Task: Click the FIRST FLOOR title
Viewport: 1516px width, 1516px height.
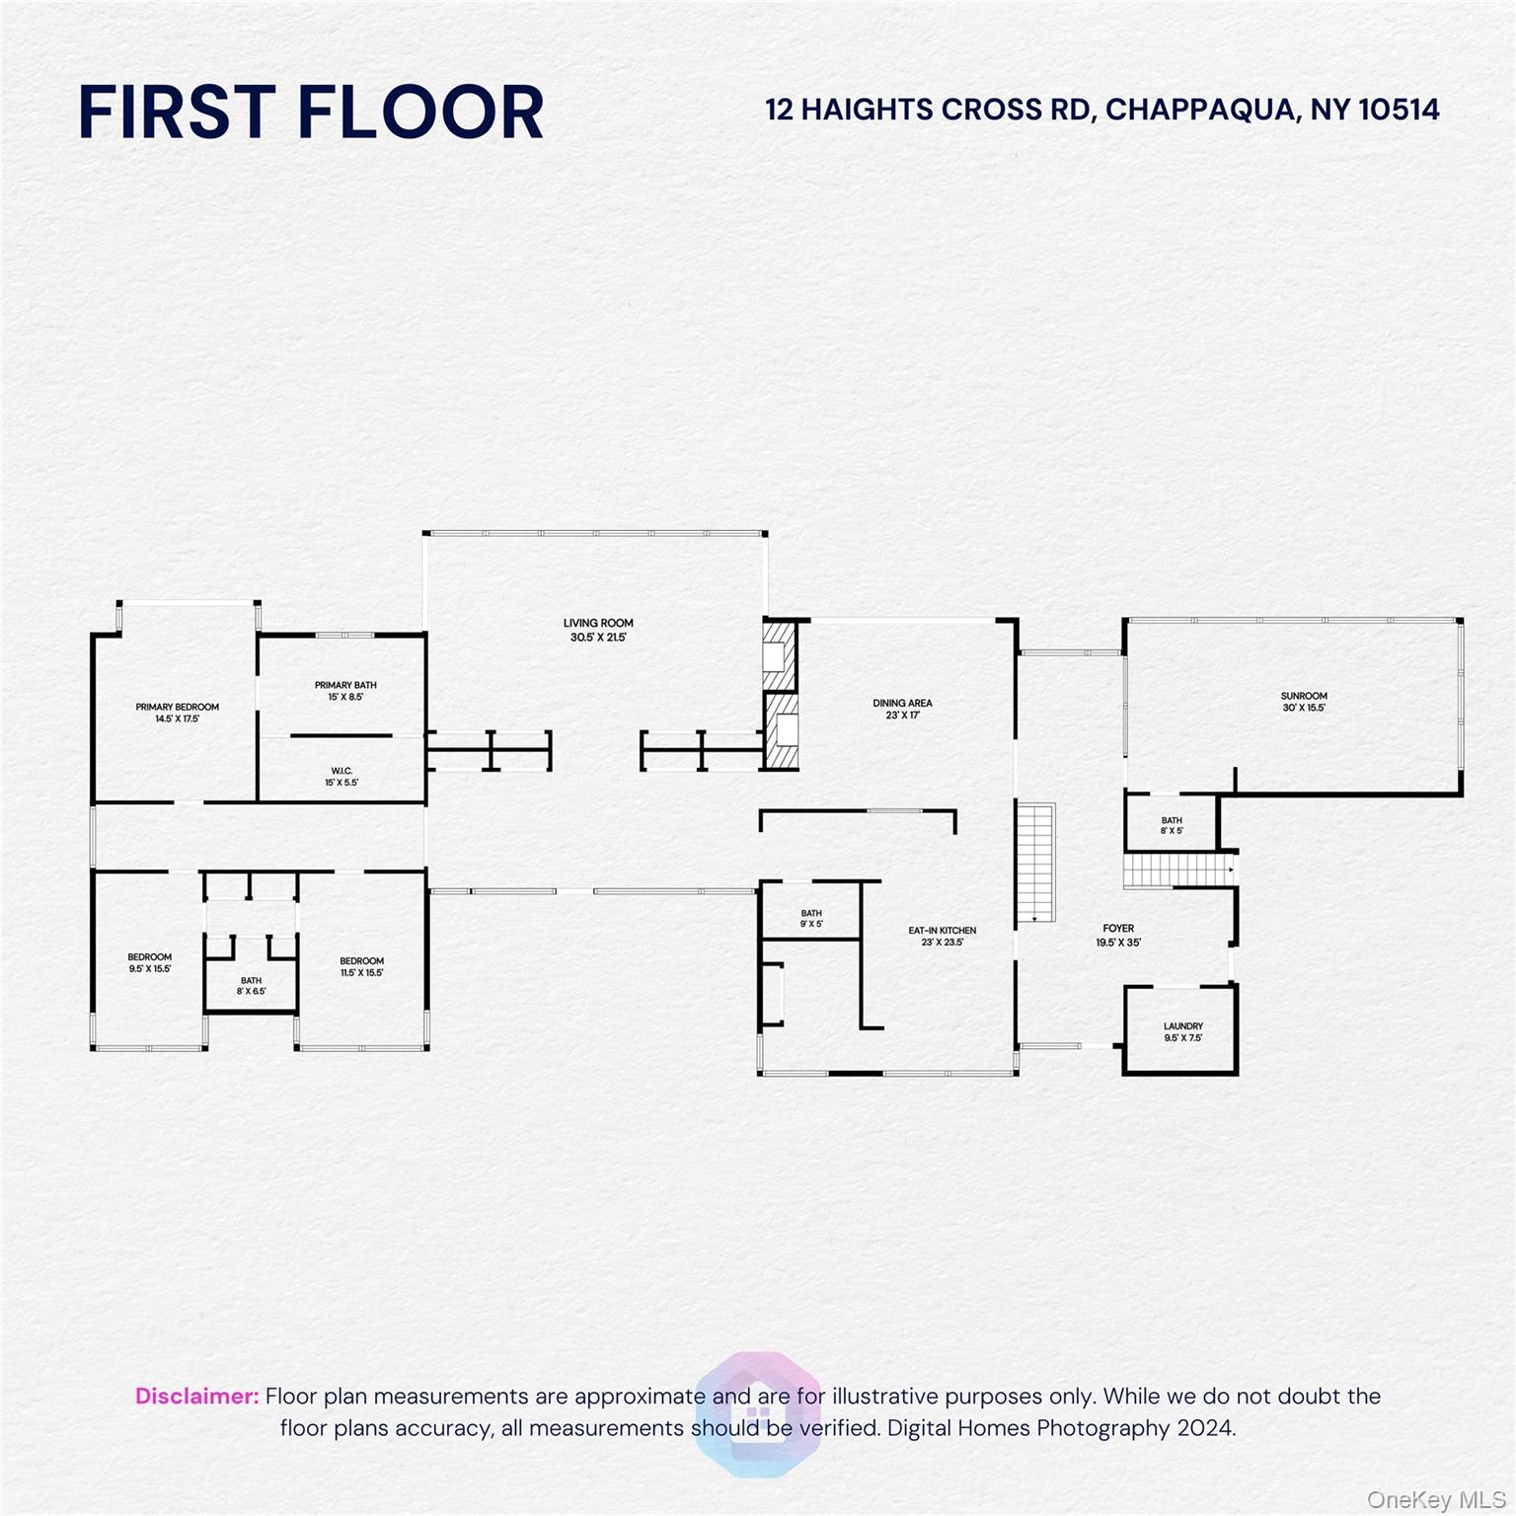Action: tap(311, 112)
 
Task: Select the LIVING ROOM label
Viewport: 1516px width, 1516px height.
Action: tap(598, 623)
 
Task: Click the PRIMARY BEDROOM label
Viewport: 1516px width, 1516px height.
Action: tap(178, 707)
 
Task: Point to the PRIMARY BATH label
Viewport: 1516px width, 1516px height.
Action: tap(345, 685)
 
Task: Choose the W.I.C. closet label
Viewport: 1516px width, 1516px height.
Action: tap(341, 771)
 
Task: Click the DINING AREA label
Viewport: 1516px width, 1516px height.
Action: tap(902, 704)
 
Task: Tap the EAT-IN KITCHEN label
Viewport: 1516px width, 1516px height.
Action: tap(943, 931)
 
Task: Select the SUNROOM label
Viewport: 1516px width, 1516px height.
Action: tap(1304, 696)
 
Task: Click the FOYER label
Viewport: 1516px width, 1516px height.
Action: tap(1118, 929)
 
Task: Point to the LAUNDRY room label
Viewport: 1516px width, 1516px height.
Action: tap(1182, 1026)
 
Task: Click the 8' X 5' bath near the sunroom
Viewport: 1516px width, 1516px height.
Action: tap(1172, 826)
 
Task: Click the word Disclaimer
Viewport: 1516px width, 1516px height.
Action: tap(196, 1397)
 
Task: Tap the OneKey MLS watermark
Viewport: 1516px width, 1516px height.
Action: tap(1435, 1500)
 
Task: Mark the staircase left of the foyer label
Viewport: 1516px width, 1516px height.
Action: tap(1036, 863)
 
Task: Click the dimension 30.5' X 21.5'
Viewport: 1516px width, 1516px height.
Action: tap(598, 638)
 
